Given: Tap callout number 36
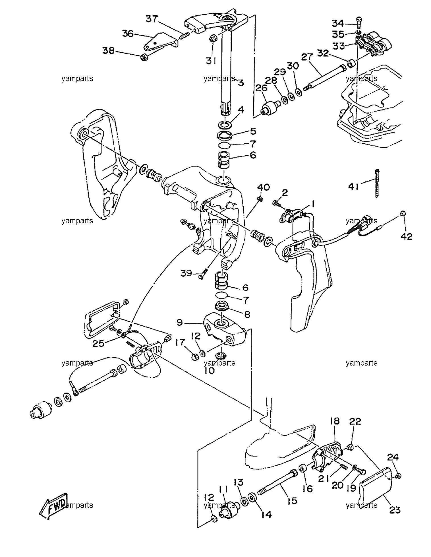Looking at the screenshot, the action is (x=128, y=34).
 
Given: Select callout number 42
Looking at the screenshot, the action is (x=406, y=236).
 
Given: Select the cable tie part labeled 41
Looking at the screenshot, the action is (x=377, y=183).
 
